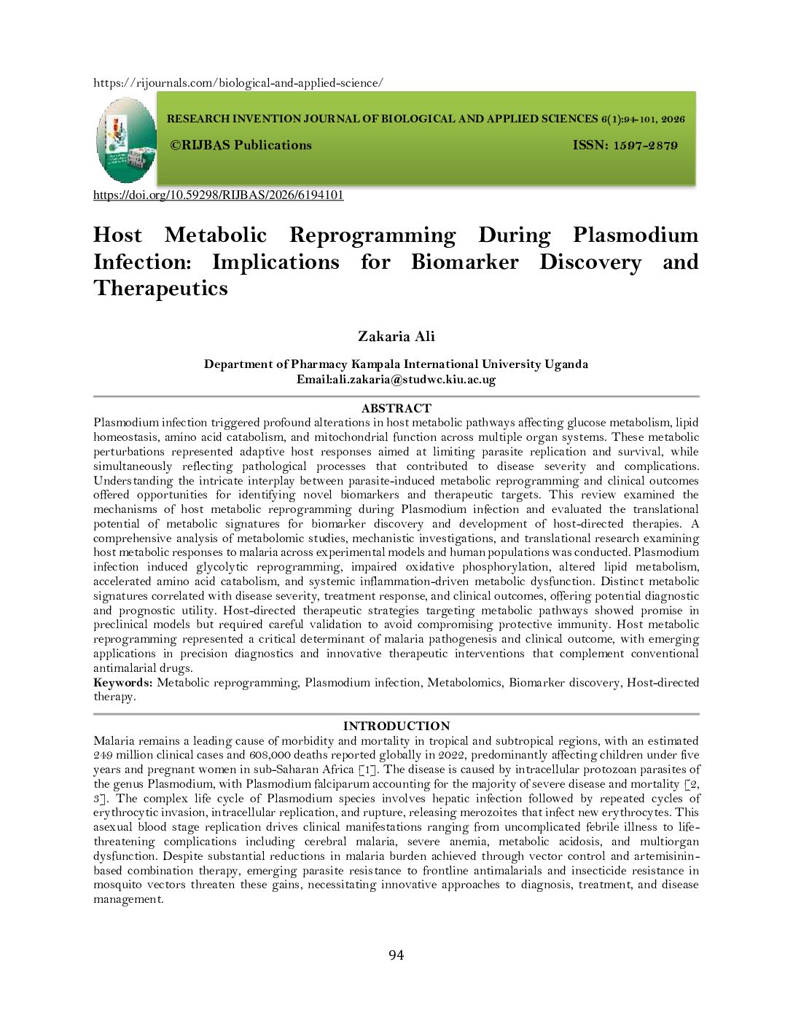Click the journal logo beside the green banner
pyautogui.click(x=126, y=140)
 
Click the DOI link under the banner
pyautogui.click(x=218, y=195)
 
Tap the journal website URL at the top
pyautogui.click(x=238, y=83)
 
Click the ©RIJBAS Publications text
pyautogui.click(x=241, y=146)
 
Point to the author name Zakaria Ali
pyautogui.click(x=396, y=337)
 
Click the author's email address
pyautogui.click(x=414, y=380)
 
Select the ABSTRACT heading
pyautogui.click(x=396, y=409)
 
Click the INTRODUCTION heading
pyautogui.click(x=396, y=727)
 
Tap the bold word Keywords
pyautogui.click(x=122, y=683)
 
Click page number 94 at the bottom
pyautogui.click(x=396, y=955)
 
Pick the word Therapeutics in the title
pyautogui.click(x=160, y=289)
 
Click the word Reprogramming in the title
pyautogui.click(x=372, y=235)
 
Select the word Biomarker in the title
pyautogui.click(x=464, y=262)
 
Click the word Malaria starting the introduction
pyautogui.click(x=114, y=741)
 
